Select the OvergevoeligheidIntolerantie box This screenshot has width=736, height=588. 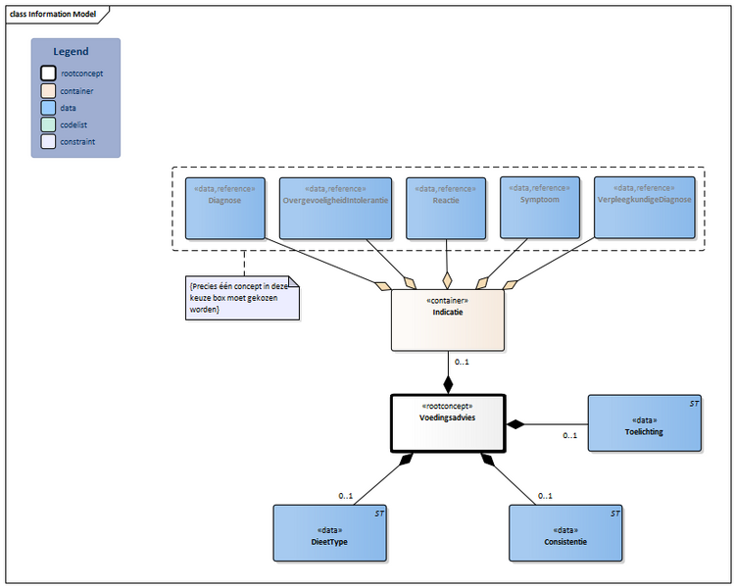pos(336,207)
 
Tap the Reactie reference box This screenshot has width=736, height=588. pos(446,207)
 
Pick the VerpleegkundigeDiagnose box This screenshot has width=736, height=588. pos(644,207)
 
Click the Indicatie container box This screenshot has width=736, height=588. pos(448,319)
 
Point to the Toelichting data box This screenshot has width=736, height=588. pos(643,423)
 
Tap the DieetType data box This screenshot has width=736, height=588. pos(329,533)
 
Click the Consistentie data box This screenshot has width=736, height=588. pos(565,533)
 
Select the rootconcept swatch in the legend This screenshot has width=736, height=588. pos(48,73)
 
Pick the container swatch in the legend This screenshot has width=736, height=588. pos(48,90)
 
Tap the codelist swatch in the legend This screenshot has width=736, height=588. pos(48,124)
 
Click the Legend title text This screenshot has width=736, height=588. pos(71,52)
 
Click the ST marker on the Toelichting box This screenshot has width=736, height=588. pos(693,403)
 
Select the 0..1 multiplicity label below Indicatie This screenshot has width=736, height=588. pos(462,363)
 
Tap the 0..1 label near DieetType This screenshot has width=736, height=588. pos(346,495)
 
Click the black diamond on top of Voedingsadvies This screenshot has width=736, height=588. pos(448,384)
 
